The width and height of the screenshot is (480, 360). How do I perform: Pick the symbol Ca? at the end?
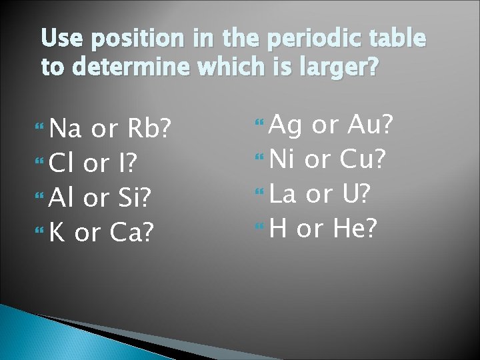(132, 232)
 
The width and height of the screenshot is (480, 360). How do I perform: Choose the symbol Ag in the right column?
(285, 124)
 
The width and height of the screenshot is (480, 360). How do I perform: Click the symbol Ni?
(283, 159)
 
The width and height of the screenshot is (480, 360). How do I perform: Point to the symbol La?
(284, 193)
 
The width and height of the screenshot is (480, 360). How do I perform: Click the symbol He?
(355, 228)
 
